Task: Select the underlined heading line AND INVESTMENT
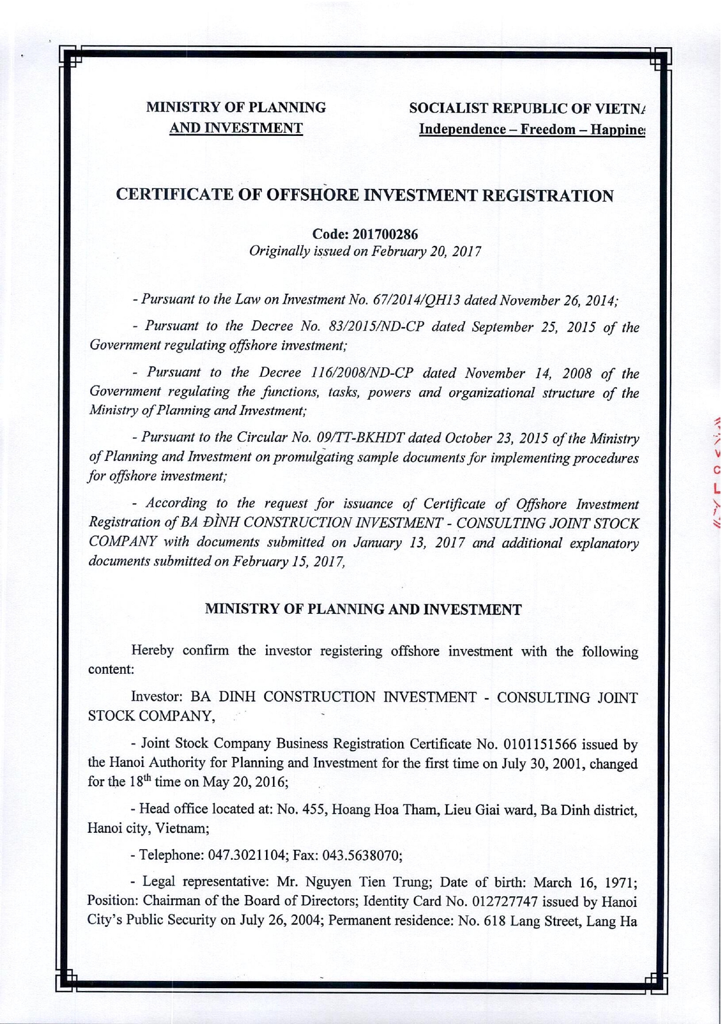tap(236, 128)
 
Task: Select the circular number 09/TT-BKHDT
tap(359, 438)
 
